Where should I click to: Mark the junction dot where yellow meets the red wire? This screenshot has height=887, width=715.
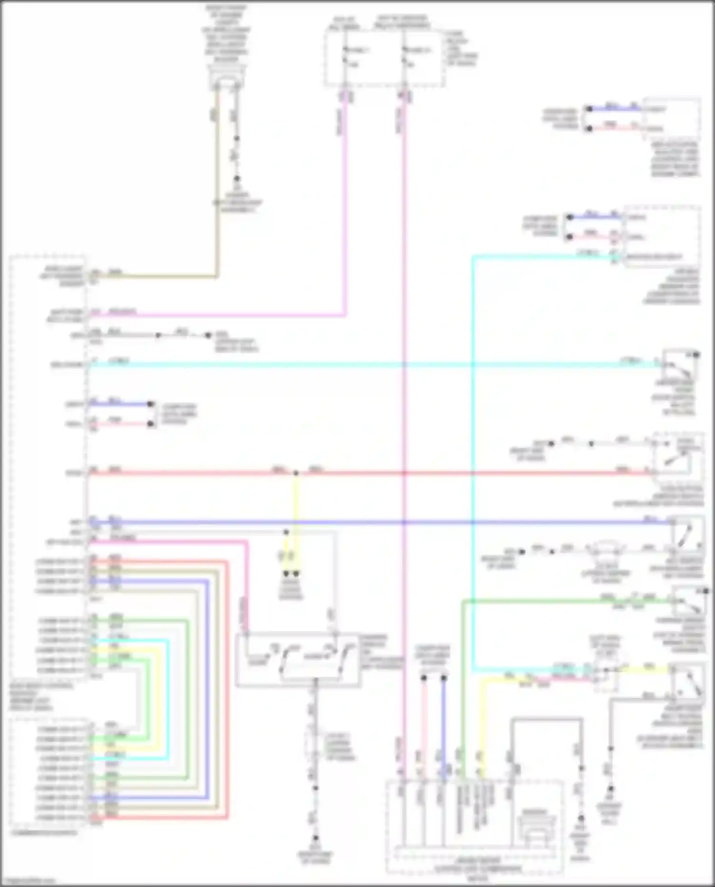(296, 473)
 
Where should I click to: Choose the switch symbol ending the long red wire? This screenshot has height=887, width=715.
(677, 455)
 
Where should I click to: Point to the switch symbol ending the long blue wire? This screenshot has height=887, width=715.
(686, 534)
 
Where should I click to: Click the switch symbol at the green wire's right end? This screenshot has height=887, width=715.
(689, 602)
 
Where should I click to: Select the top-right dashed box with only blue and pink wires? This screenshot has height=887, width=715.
(671, 118)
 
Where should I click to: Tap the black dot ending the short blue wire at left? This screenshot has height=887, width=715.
(151, 404)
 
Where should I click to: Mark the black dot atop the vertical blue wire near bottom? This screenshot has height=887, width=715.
(443, 677)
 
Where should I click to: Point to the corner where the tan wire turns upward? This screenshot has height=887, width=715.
(217, 276)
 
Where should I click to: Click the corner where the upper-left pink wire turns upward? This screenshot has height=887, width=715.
(345, 315)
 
